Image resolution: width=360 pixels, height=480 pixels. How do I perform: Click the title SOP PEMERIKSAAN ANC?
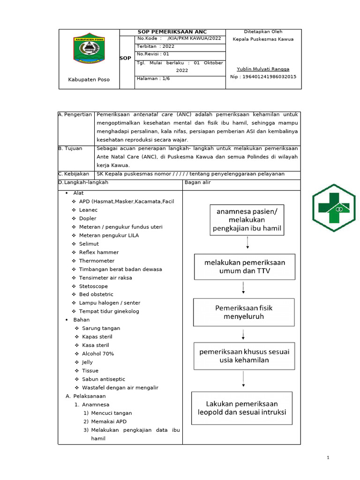tap(172, 32)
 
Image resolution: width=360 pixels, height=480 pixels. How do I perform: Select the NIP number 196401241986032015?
tap(263, 76)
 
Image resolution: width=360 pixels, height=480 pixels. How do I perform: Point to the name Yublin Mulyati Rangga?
tap(263, 69)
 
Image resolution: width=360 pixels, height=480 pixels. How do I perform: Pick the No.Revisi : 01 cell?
tap(153, 54)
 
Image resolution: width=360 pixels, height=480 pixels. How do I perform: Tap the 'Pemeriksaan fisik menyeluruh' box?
tap(244, 312)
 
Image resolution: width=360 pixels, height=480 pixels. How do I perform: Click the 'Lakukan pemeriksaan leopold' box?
tap(241, 408)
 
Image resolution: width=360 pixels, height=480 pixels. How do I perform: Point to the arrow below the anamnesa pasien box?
tap(247, 244)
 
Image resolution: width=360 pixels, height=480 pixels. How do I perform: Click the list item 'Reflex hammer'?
tap(98, 252)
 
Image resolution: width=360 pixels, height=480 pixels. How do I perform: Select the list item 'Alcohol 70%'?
tap(97, 353)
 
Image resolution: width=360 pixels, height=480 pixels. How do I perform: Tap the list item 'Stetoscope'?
tap(93, 286)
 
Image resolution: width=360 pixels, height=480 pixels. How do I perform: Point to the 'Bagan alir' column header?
tap(197, 182)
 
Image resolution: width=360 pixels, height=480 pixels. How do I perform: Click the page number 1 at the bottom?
tap(329, 457)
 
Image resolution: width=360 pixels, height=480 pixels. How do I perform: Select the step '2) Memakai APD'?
tap(109, 421)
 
